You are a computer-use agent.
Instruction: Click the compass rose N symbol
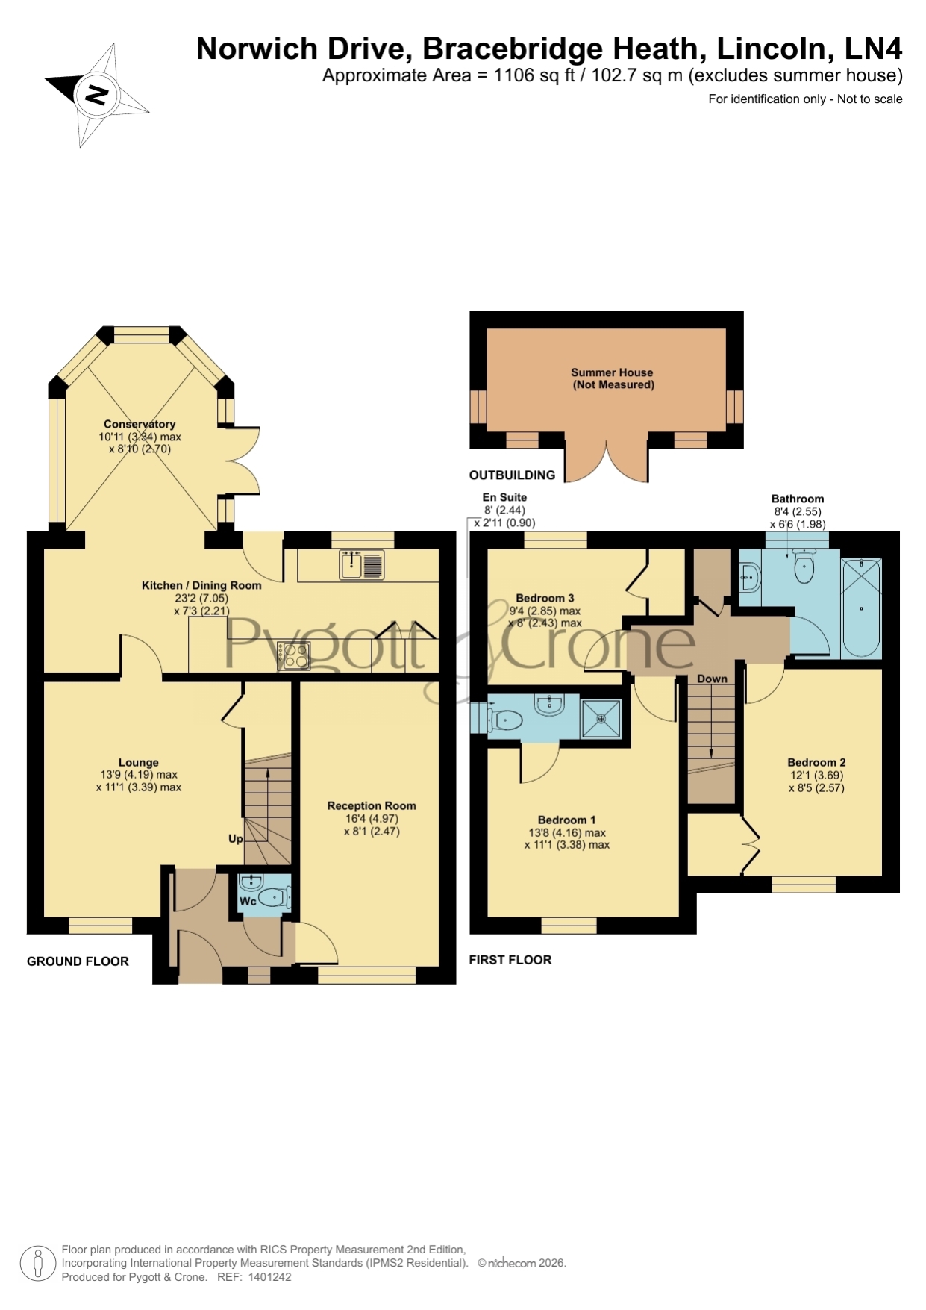[x=96, y=95]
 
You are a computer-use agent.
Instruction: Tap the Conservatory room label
[x=140, y=424]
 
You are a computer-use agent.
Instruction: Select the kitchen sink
[x=362, y=564]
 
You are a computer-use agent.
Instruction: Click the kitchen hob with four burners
[x=293, y=655]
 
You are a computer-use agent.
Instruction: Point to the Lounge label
[x=139, y=762]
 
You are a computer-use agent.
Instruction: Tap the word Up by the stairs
[x=236, y=838]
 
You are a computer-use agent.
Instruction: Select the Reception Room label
[x=372, y=805]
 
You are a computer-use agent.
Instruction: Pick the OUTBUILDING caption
[x=512, y=475]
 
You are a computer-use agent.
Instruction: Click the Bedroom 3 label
[x=545, y=598]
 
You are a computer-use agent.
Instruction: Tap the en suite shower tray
[x=601, y=719]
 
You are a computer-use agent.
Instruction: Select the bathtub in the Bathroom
[x=861, y=608]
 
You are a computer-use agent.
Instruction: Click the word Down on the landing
[x=712, y=679]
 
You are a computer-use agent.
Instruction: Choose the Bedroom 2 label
[x=816, y=762]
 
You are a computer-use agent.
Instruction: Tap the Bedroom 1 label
[x=566, y=820]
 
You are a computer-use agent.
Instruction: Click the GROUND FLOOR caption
[x=78, y=961]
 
